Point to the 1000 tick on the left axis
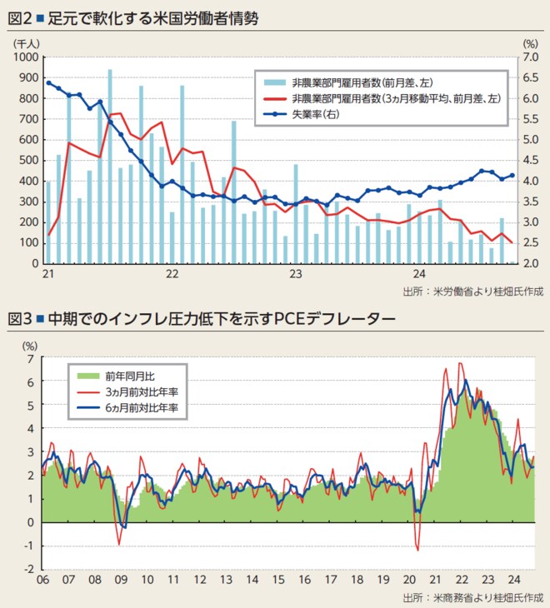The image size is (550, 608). tap(26, 57)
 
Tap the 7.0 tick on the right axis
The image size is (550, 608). tap(531, 57)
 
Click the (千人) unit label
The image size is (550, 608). tap(23, 42)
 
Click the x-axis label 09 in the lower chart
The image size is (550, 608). tap(120, 581)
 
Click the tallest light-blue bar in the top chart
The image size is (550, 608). tap(110, 167)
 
